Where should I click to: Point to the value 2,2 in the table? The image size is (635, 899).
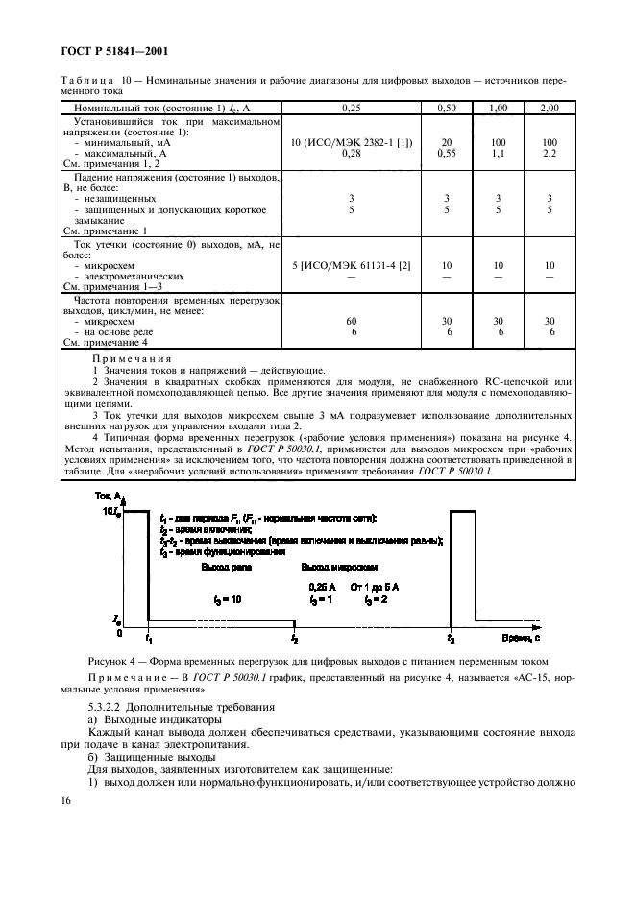pyautogui.click(x=550, y=153)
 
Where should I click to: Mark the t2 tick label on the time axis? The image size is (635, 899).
pyautogui.click(x=295, y=638)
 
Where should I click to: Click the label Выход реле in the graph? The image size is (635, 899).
pyautogui.click(x=227, y=569)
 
